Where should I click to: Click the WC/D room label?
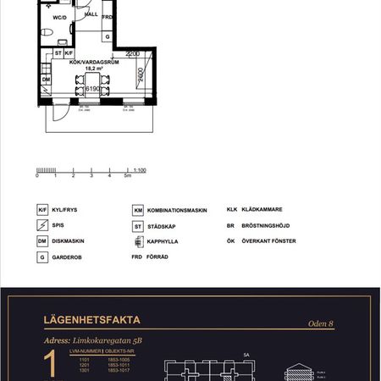(59, 16)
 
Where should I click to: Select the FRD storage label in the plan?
(108, 17)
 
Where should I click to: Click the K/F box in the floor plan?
(70, 53)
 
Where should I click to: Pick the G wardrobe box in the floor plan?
(108, 37)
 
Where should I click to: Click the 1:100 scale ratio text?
(141, 170)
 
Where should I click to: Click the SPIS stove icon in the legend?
(41, 225)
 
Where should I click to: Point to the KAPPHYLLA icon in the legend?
(137, 241)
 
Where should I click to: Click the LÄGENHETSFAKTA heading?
(91, 320)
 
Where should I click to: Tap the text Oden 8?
(321, 323)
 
